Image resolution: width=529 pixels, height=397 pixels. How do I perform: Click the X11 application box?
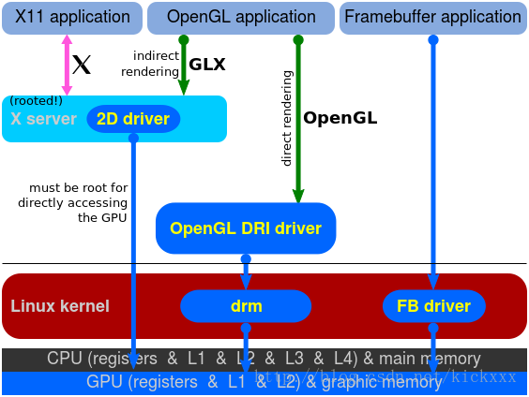point(72,17)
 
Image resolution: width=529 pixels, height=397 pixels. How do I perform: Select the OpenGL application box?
point(241,17)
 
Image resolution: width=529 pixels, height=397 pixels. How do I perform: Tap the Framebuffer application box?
point(432,17)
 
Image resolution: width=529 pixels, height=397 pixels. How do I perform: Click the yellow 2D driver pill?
point(133,119)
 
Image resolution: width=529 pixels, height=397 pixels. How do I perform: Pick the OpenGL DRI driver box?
point(246,228)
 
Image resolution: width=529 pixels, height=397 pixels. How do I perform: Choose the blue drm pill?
point(246,306)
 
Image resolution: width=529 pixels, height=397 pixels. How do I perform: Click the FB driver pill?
point(433,306)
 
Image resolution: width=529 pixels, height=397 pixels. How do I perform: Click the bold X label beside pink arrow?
point(82,65)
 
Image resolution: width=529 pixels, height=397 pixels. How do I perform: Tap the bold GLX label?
point(207,66)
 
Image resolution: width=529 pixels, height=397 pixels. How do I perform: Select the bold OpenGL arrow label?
point(340,119)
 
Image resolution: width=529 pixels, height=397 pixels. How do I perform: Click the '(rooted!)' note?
point(36,100)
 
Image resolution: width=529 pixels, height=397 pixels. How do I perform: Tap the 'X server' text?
point(42,120)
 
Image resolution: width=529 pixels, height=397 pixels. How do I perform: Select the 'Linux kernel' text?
point(60,306)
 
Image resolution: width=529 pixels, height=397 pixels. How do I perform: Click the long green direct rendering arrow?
point(298,122)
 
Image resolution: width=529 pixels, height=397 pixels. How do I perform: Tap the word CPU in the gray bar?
point(65,359)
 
